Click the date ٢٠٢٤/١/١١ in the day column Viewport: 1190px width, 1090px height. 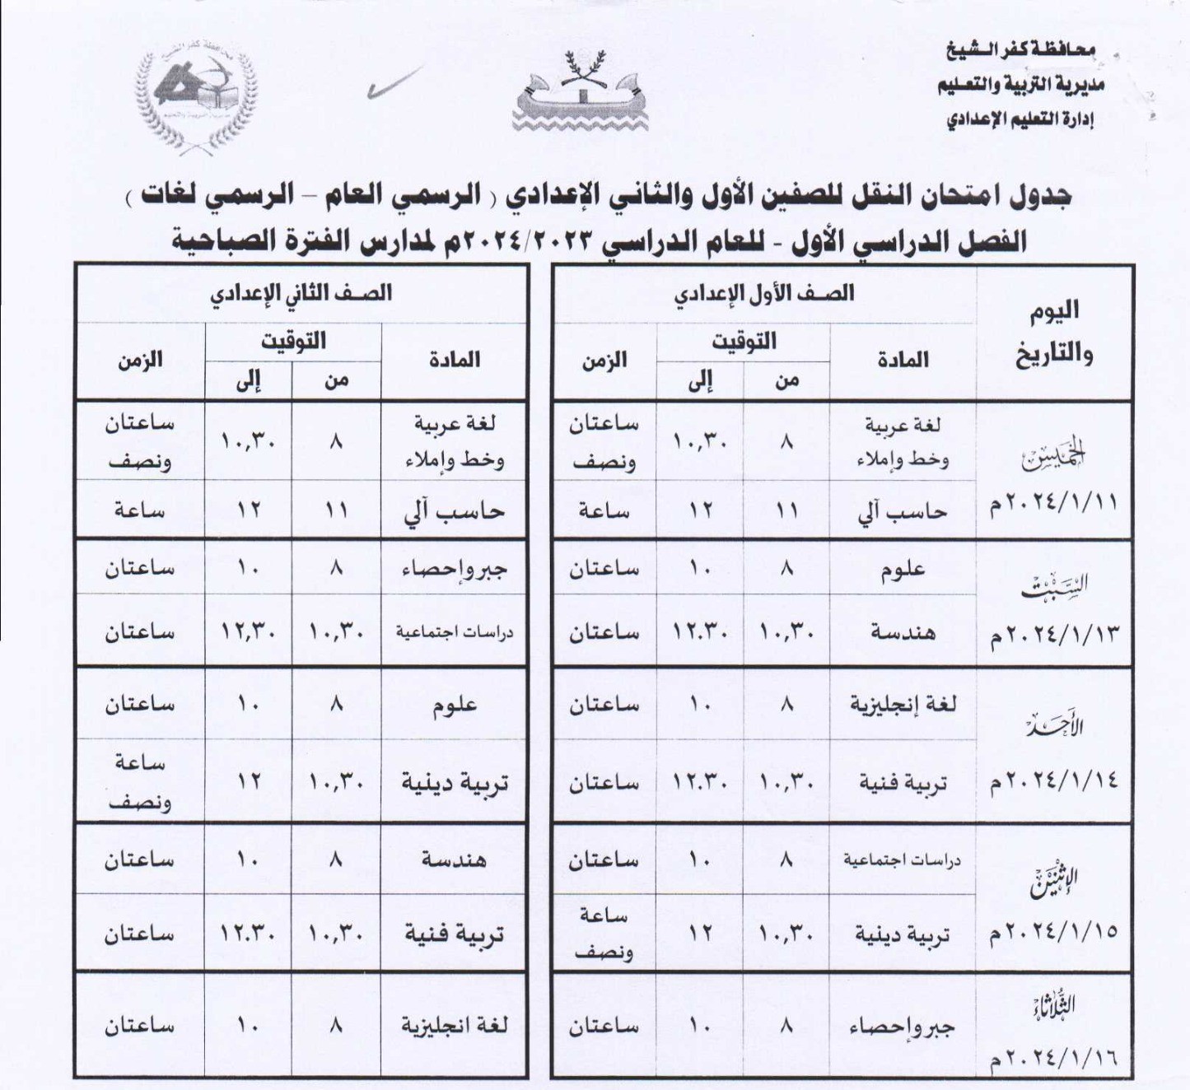(1055, 502)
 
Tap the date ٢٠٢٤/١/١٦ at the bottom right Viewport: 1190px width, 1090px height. (1055, 1057)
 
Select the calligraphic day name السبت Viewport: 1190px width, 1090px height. (1055, 585)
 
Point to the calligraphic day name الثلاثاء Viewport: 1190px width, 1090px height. (1055, 1005)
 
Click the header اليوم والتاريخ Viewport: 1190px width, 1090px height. (1055, 333)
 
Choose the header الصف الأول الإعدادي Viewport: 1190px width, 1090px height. (763, 293)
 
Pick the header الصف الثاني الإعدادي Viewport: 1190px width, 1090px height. (301, 293)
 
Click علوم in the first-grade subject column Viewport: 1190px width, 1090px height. (903, 570)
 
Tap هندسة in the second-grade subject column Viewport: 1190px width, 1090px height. (454, 859)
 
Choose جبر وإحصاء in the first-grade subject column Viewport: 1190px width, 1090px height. (903, 1027)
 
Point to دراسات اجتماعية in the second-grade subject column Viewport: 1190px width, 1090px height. (454, 632)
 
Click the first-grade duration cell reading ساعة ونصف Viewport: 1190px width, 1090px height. (604, 934)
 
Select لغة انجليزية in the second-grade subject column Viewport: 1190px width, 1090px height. (454, 1026)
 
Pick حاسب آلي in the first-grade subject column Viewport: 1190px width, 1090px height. (903, 511)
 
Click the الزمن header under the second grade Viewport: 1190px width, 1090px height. (140, 360)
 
